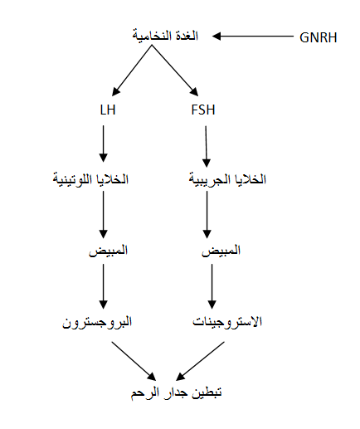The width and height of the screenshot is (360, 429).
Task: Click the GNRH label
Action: (x=319, y=37)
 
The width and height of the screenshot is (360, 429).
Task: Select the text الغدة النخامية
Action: (x=165, y=36)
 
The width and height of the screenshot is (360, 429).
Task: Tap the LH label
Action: (x=108, y=110)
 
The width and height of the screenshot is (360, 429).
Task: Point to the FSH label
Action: (x=203, y=110)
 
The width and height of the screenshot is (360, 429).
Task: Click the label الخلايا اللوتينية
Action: (x=90, y=179)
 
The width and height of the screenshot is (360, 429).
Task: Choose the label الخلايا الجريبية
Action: (x=227, y=179)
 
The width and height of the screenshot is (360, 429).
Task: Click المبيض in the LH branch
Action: (x=108, y=251)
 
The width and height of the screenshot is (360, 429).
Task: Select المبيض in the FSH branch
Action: (x=221, y=251)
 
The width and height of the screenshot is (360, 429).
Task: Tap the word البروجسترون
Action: (x=97, y=322)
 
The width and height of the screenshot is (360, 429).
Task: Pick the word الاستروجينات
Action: (x=227, y=322)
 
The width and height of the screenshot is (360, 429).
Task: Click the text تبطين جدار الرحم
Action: (x=177, y=392)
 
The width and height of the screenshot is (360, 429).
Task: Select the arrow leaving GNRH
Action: (x=253, y=36)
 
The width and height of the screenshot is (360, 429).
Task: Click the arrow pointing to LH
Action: (x=132, y=71)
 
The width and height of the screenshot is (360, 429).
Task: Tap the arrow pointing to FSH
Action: (x=175, y=71)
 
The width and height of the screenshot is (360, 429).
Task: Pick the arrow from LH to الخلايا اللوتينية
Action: (x=104, y=144)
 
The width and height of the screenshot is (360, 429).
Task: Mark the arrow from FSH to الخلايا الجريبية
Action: (x=206, y=147)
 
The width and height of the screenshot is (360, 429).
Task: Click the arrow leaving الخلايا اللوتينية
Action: (x=104, y=215)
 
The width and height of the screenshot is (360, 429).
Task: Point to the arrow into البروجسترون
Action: (x=104, y=286)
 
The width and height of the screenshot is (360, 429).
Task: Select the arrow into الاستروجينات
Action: (x=212, y=286)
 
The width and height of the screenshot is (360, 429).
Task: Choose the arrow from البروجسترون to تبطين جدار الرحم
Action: (x=134, y=361)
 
